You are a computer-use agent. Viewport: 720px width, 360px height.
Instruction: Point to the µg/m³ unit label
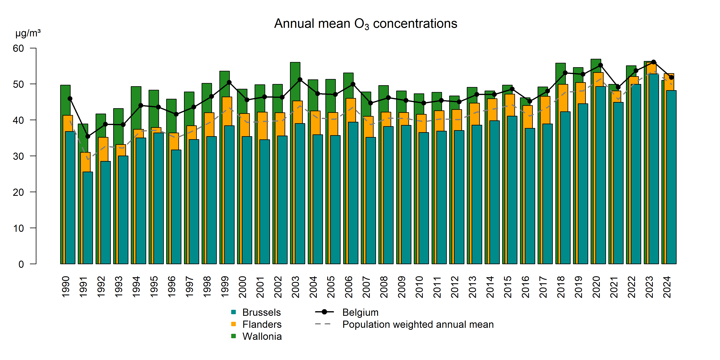[x=28, y=33]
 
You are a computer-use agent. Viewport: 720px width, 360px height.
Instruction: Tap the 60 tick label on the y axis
[x=18, y=48]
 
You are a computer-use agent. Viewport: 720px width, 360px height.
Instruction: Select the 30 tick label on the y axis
[x=18, y=156]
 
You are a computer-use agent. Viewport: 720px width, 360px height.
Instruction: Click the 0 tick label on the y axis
[x=21, y=264]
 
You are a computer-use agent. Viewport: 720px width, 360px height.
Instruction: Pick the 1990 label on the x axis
[x=66, y=287]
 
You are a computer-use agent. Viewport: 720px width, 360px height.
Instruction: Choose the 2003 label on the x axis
[x=295, y=287]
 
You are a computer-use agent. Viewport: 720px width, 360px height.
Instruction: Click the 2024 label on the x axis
[x=667, y=287]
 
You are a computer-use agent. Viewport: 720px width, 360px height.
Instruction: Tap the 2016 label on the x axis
[x=525, y=287]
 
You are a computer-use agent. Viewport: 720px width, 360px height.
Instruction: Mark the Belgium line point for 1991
[x=88, y=136]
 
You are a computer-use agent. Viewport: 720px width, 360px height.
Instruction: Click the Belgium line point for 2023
[x=653, y=62]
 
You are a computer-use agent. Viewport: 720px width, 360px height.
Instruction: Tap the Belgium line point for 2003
[x=300, y=80]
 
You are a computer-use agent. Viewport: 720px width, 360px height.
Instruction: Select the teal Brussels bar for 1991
[x=88, y=218]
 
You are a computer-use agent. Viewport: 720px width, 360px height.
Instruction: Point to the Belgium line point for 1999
[x=229, y=82]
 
